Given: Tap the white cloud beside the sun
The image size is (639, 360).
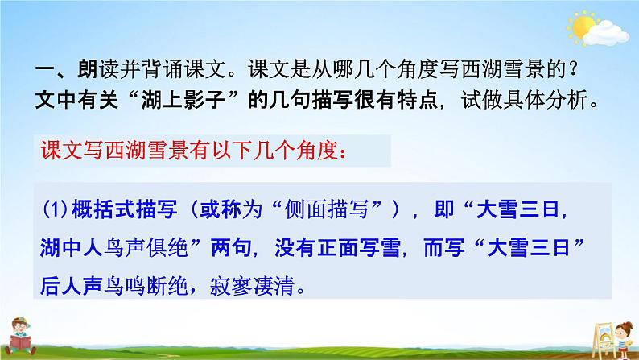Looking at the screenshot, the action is click(x=606, y=34).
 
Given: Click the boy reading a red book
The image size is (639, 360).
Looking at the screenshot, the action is click(x=19, y=337).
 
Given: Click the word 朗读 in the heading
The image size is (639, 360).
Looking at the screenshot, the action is click(x=98, y=70).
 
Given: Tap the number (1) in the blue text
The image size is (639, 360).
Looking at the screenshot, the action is click(x=55, y=209).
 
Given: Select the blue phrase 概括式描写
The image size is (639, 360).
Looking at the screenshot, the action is click(x=125, y=209).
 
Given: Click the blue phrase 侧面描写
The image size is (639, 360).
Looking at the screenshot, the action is click(x=327, y=209).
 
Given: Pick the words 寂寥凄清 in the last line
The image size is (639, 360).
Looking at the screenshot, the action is click(x=252, y=286).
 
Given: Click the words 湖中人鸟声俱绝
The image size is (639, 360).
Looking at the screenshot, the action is click(x=113, y=248).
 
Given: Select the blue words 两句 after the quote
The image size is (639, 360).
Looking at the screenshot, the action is click(x=231, y=248).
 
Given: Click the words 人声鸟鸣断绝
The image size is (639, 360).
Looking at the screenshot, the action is click(x=124, y=286).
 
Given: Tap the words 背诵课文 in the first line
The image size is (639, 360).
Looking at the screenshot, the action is click(x=183, y=70).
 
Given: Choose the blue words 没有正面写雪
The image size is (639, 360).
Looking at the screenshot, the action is click(x=337, y=248).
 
